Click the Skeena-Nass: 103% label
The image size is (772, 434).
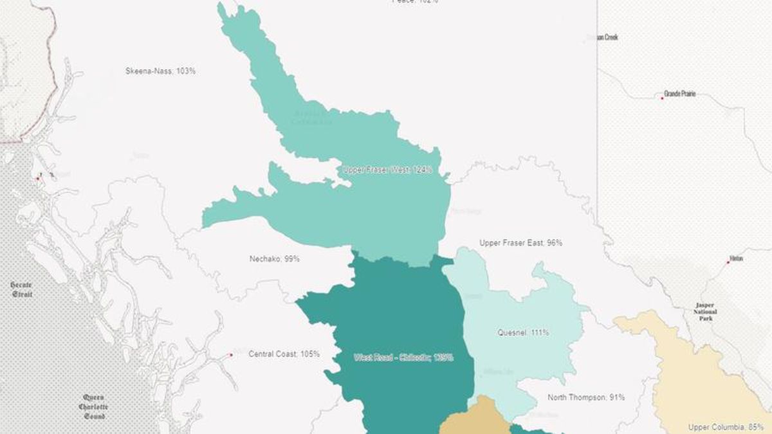160,71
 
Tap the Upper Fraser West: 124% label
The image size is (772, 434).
387,170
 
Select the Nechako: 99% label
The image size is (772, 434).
274,259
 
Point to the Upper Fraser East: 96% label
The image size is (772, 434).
520,243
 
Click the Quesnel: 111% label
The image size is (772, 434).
523,333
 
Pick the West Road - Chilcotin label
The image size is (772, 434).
403,357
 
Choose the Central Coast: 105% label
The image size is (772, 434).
284,354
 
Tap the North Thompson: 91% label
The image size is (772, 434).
585,397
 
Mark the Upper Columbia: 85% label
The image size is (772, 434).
726,427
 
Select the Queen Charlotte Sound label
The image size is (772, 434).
93,406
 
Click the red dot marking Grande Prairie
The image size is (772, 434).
662,98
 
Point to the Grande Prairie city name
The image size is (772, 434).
679,95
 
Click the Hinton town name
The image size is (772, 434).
736,258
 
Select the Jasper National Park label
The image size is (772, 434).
705,311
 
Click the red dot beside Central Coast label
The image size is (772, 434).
231,355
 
